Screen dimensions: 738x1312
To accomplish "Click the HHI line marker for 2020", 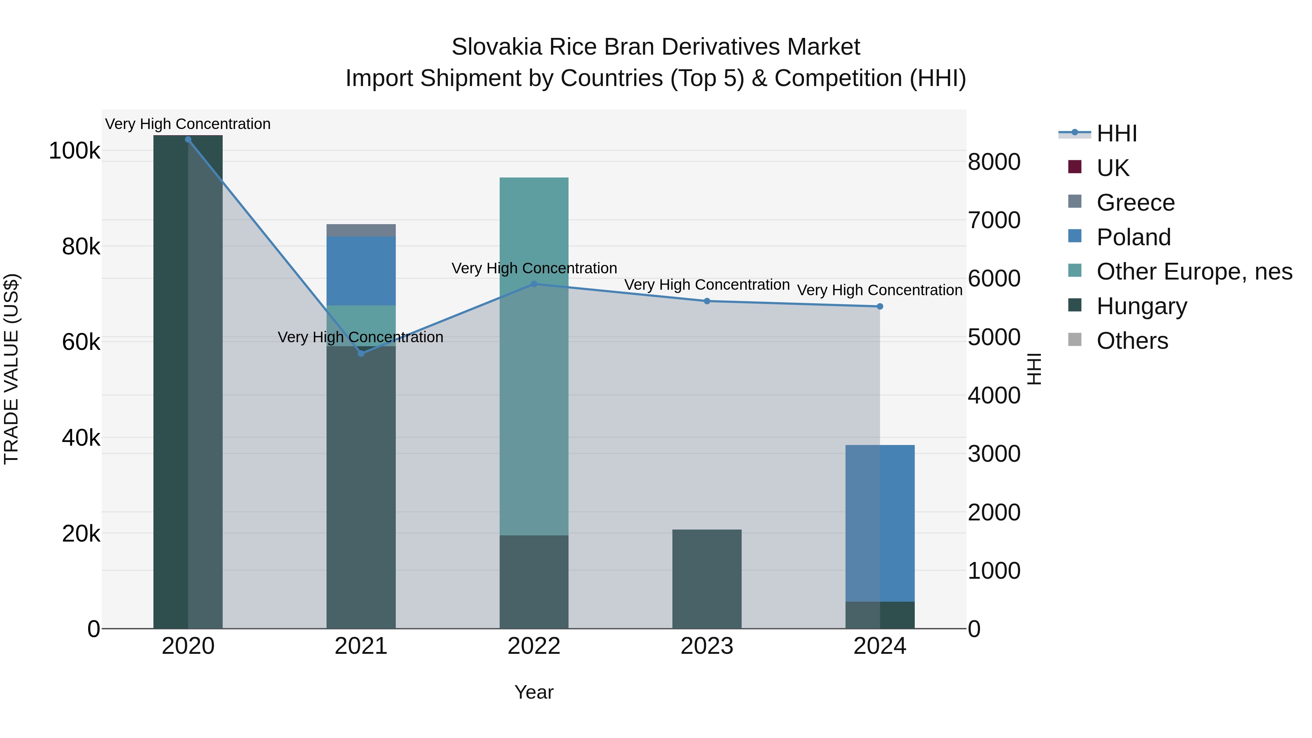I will tap(188, 140).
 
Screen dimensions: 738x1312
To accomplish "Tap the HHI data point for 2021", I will tap(361, 354).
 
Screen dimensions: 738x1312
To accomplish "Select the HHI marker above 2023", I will tap(707, 301).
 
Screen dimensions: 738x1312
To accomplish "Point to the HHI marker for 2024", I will tap(880, 306).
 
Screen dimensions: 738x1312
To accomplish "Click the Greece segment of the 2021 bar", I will tap(361, 230).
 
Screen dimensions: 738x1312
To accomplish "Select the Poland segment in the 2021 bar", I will tap(361, 271).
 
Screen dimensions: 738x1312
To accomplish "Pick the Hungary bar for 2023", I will tap(707, 579).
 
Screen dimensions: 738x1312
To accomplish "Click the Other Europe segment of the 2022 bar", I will tap(534, 356).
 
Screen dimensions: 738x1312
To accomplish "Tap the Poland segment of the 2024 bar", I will tap(880, 523).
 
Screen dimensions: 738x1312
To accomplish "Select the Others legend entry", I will tap(1132, 341).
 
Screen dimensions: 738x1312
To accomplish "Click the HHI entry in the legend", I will tap(1116, 133).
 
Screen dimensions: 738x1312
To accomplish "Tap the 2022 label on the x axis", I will tap(534, 646).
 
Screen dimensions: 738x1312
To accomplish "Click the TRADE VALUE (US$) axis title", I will tap(12, 369).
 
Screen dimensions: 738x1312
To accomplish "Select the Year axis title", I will tap(534, 692).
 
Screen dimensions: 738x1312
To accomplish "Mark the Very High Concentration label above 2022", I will tap(534, 268).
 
